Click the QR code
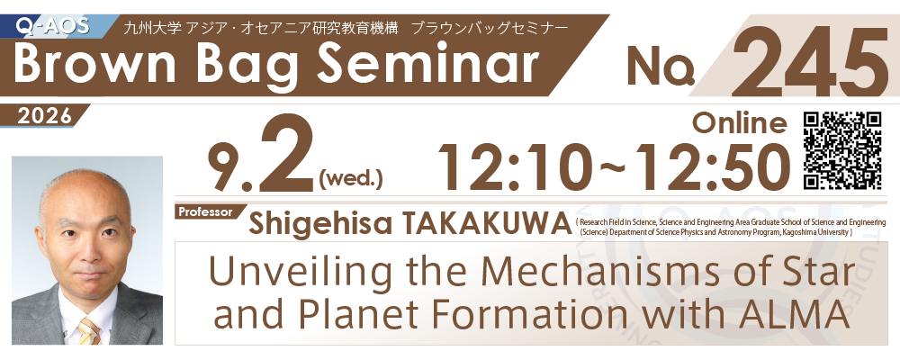[x=842, y=150]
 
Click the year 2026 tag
[x=45, y=117]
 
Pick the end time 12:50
[x=712, y=167]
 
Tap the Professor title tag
[x=205, y=211]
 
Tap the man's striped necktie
[x=87, y=330]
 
